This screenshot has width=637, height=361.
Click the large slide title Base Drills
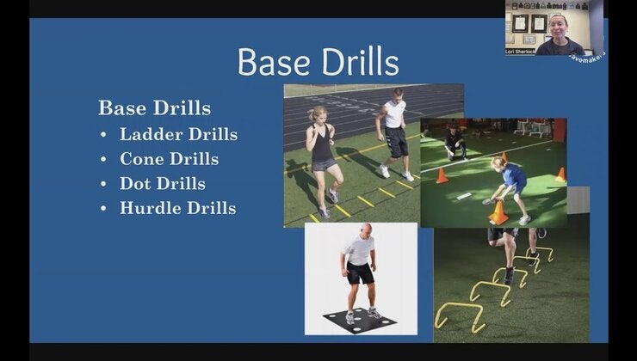(318, 62)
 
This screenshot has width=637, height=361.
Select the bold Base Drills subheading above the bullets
(154, 108)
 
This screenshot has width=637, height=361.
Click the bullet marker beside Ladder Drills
(104, 135)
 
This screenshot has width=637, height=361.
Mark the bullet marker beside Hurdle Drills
(104, 209)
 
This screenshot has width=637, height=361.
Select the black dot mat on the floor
(361, 322)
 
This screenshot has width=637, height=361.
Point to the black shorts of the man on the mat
(361, 273)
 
